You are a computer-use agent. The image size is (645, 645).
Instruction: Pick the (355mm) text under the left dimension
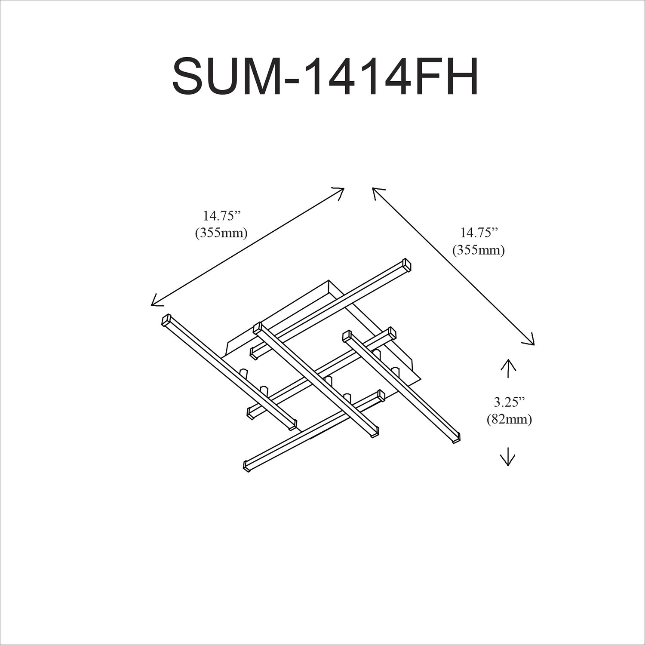[x=221, y=233]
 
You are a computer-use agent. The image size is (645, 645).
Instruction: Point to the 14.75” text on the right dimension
[x=479, y=233]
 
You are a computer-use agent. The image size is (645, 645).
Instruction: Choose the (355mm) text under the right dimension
[x=478, y=250]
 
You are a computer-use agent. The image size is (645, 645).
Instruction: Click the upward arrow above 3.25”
[x=508, y=368]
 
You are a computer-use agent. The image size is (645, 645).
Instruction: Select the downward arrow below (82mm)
[x=508, y=457]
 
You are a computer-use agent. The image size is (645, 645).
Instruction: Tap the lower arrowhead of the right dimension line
[x=531, y=341]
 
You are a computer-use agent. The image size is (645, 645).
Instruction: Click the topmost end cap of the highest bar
[x=407, y=264]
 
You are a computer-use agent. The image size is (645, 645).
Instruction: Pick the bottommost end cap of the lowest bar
[x=247, y=467]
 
